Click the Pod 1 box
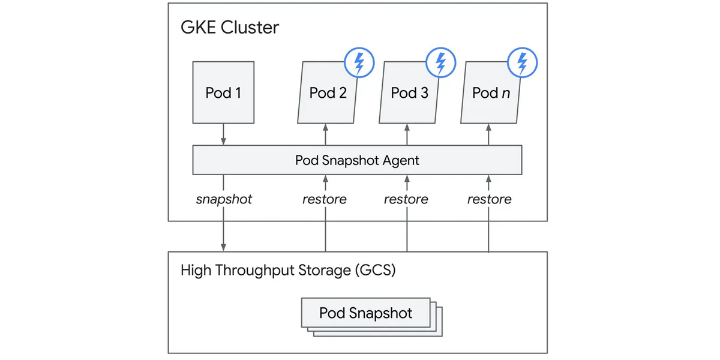[223, 92]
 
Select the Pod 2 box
[328, 92]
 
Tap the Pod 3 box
[409, 92]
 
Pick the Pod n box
[491, 92]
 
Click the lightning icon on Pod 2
[359, 62]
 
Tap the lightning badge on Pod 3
[441, 62]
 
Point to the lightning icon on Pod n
[523, 62]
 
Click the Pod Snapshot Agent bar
[357, 160]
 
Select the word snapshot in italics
[224, 199]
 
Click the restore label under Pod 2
[325, 199]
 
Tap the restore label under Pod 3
[406, 199]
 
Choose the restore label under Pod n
[489, 199]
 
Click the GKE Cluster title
[230, 28]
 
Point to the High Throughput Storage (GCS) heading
[288, 270]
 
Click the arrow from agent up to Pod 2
[325, 134]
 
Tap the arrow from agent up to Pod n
[488, 134]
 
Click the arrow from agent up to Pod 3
[407, 134]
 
